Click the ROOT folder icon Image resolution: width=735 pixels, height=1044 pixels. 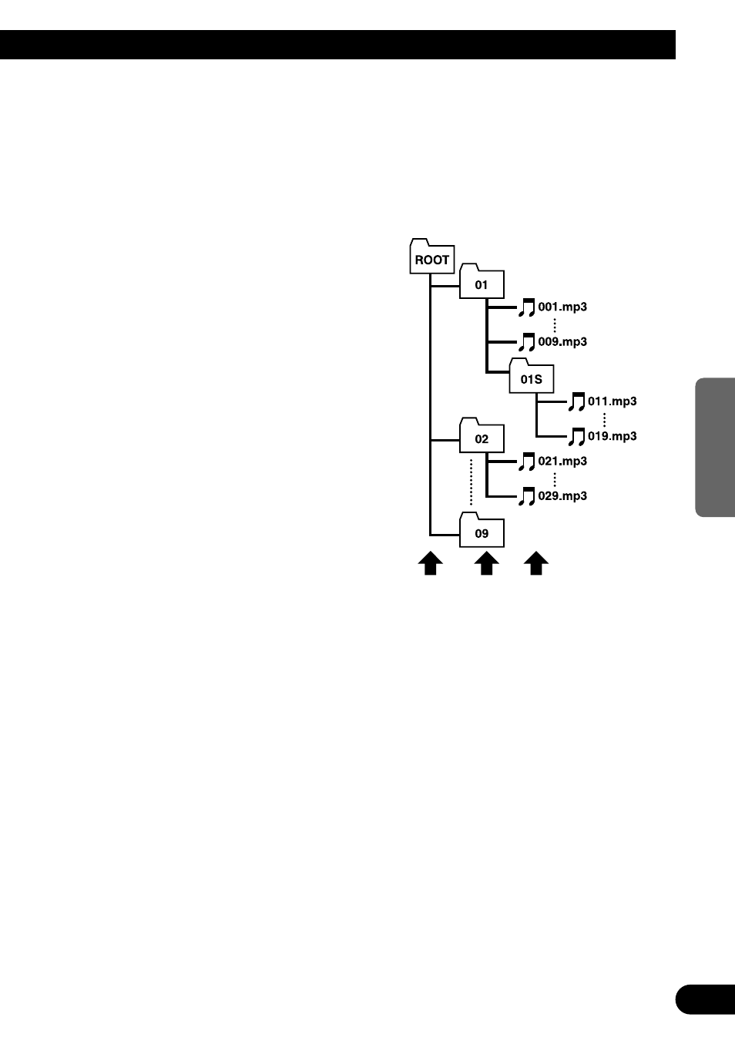coord(431,257)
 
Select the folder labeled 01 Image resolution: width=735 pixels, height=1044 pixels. coord(482,283)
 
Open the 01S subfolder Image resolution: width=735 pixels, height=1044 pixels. coord(531,377)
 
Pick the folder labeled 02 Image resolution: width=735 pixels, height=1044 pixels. coord(482,437)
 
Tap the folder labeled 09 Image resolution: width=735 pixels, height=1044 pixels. coord(482,531)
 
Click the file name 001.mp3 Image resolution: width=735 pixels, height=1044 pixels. coord(562,307)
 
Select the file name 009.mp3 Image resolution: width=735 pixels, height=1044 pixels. coord(562,341)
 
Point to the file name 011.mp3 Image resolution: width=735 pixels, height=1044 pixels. coord(612,401)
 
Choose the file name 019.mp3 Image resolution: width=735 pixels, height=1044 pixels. coord(612,436)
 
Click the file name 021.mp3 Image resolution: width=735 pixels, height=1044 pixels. coord(562,461)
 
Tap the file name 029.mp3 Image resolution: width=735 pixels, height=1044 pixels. coord(562,495)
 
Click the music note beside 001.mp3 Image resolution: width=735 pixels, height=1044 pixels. coord(526,307)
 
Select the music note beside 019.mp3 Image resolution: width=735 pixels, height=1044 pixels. coord(576,437)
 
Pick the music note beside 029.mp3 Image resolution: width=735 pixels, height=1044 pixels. coord(526,496)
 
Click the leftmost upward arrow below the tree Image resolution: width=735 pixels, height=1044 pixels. coord(430,564)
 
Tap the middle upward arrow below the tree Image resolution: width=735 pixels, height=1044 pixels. coord(485,564)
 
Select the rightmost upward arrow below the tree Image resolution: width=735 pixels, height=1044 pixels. coord(536,564)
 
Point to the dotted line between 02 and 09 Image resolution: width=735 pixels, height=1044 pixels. coord(472,482)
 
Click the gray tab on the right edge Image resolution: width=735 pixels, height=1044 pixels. coord(715,447)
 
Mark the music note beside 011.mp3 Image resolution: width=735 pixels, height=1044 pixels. coord(576,402)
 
